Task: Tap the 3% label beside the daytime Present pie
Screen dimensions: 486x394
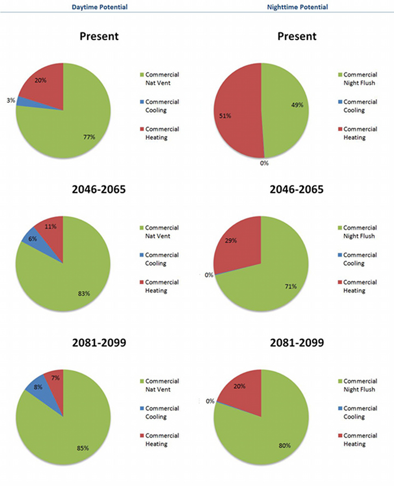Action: pos(10,100)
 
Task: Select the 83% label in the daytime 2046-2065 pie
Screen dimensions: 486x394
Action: pos(84,294)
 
